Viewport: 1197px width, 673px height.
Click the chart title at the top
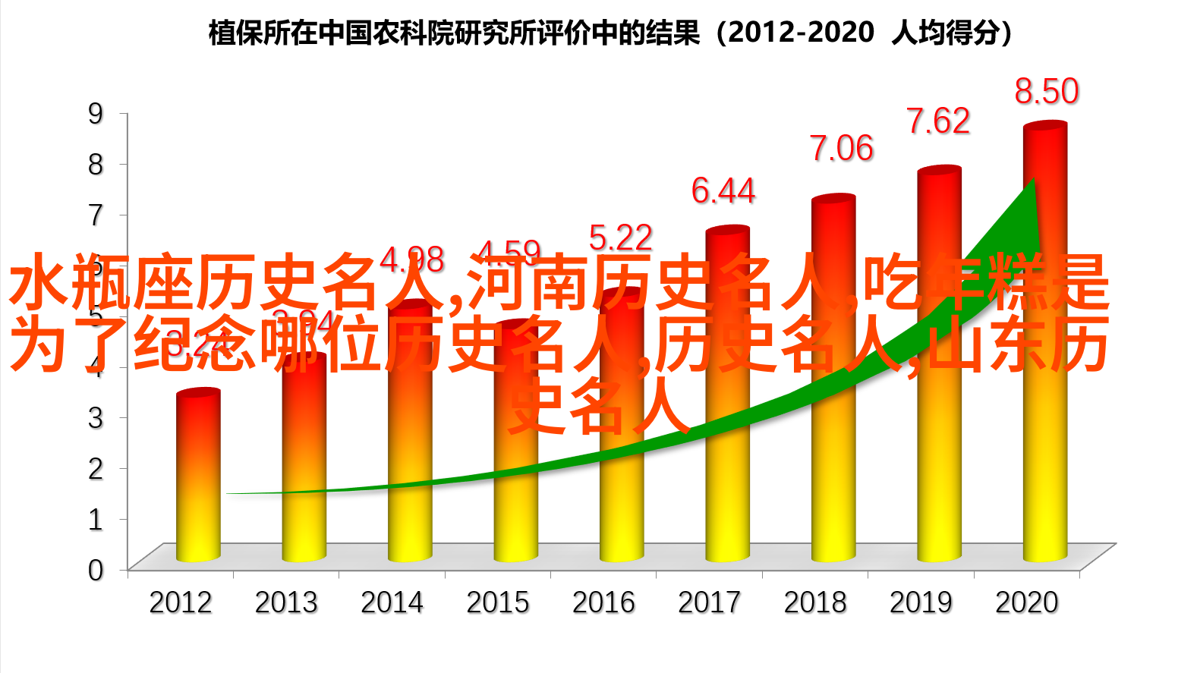[x=611, y=33]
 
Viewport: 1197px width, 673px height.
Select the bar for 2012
[x=198, y=486]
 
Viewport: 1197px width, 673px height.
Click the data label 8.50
[x=1047, y=92]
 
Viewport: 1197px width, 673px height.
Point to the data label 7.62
[x=938, y=121]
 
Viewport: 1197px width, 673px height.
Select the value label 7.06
[x=841, y=149]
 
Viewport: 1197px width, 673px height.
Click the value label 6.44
[x=723, y=190]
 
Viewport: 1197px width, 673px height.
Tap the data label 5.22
[x=620, y=238]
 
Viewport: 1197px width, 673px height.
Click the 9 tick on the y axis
[x=96, y=114]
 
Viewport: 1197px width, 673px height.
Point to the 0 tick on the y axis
[x=96, y=570]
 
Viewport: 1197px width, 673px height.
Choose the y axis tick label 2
[x=96, y=469]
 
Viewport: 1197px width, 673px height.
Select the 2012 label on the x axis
[x=180, y=602]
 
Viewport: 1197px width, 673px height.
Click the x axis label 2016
[x=603, y=602]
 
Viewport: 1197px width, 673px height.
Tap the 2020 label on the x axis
[x=1026, y=602]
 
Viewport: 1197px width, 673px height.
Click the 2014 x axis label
[x=392, y=602]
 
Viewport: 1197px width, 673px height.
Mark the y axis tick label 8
[x=96, y=165]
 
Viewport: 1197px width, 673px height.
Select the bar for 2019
[x=939, y=470]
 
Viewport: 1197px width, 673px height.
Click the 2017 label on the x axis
[x=709, y=602]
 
